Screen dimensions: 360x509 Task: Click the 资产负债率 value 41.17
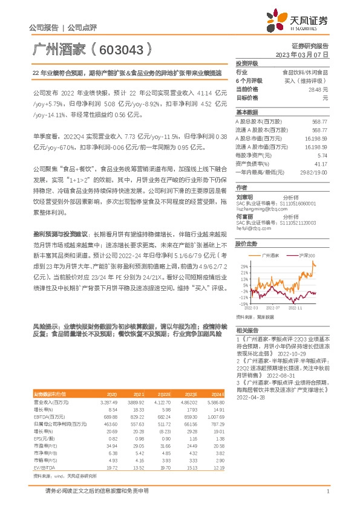[x=321, y=163]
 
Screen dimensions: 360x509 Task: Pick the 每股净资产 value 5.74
[x=322, y=155]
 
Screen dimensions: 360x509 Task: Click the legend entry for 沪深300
[x=307, y=256]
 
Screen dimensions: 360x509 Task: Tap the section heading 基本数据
[x=247, y=112]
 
